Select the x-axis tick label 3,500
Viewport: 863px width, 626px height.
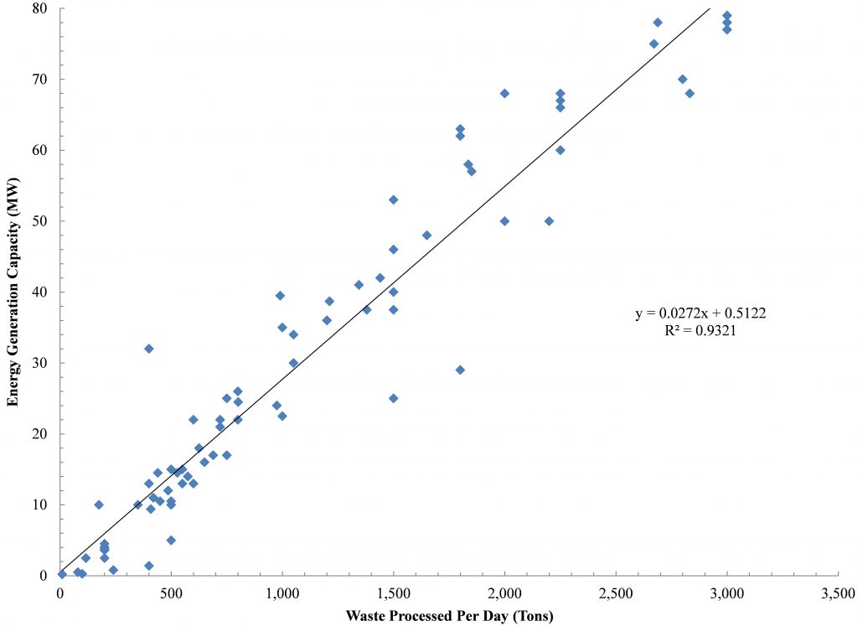click(x=839, y=593)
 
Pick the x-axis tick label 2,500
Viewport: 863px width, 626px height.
click(x=616, y=593)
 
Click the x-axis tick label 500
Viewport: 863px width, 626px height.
click(x=172, y=593)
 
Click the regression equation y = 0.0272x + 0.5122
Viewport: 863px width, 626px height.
click(x=701, y=313)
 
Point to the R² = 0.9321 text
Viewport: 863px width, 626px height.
click(x=701, y=331)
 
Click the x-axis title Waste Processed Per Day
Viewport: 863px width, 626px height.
click(x=449, y=615)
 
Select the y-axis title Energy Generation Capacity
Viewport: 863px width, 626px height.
click(x=13, y=292)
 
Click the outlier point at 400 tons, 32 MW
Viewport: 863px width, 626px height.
click(x=149, y=349)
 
